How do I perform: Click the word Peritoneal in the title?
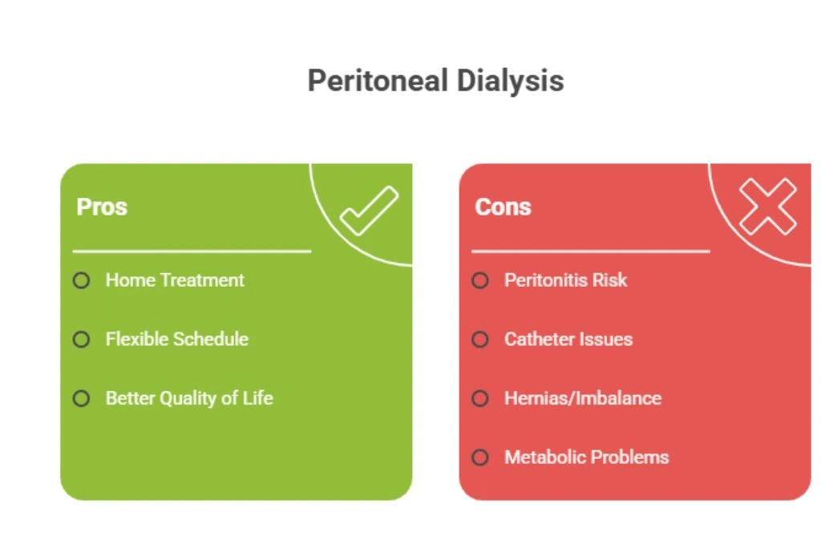[x=378, y=81]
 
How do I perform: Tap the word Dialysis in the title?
[x=510, y=82]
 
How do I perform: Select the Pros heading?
[x=102, y=207]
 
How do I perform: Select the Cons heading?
[x=504, y=207]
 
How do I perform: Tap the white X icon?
[x=768, y=207]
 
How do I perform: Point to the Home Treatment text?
[x=175, y=280]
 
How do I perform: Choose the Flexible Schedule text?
[x=177, y=340]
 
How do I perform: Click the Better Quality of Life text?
[x=189, y=399]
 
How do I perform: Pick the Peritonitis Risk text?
[x=565, y=280]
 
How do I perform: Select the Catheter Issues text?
[x=568, y=340]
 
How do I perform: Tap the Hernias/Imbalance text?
[x=583, y=399]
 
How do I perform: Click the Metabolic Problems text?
[x=586, y=457]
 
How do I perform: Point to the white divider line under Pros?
[x=192, y=251]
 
